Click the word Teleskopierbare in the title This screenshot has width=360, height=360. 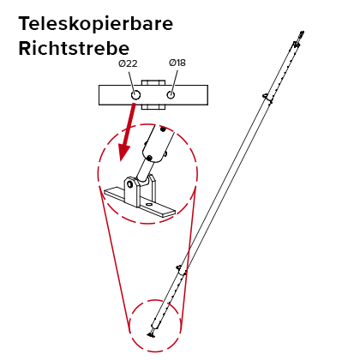click(96, 23)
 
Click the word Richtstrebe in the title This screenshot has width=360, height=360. click(74, 48)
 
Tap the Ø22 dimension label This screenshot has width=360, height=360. click(128, 63)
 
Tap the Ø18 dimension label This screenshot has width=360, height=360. click(177, 63)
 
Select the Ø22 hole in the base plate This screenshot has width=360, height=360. click(135, 95)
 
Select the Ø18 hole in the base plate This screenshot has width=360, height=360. click(171, 95)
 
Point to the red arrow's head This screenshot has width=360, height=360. click(124, 153)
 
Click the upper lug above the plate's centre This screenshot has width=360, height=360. click(153, 82)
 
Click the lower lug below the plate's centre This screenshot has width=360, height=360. click(153, 107)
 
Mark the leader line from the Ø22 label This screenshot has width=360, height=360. click(131, 81)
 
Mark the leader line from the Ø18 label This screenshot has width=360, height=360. click(175, 81)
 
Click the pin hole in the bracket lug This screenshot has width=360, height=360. click(130, 183)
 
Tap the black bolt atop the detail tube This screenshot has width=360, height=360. click(163, 129)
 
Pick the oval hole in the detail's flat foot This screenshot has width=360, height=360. click(149, 205)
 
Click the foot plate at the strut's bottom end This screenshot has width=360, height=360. click(151, 334)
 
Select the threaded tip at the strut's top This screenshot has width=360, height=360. click(300, 35)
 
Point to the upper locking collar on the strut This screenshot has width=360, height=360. click(267, 98)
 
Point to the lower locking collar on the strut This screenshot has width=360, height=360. click(181, 271)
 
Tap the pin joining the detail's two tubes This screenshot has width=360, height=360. click(149, 158)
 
